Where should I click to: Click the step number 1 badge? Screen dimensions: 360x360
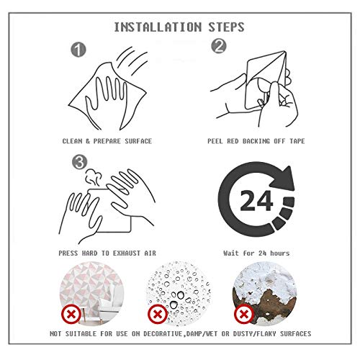(78, 50)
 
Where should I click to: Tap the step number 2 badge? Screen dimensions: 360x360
(219, 46)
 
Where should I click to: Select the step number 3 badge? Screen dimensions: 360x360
(80, 162)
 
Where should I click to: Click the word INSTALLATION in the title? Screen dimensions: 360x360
(158, 27)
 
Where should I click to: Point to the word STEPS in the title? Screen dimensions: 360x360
(226, 27)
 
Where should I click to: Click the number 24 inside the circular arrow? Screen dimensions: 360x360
(256, 200)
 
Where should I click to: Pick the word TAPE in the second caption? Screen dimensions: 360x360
(297, 141)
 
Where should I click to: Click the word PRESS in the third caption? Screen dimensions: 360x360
(68, 253)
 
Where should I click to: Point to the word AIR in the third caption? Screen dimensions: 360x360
(150, 253)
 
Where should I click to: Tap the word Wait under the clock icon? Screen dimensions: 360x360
(231, 253)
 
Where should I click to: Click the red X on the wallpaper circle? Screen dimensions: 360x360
(71, 314)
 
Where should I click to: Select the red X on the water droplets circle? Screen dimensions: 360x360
(158, 314)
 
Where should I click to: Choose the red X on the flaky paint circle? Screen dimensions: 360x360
(244, 314)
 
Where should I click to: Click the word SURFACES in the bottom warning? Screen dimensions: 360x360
(296, 334)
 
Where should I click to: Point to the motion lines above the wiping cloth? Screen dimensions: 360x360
(132, 60)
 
